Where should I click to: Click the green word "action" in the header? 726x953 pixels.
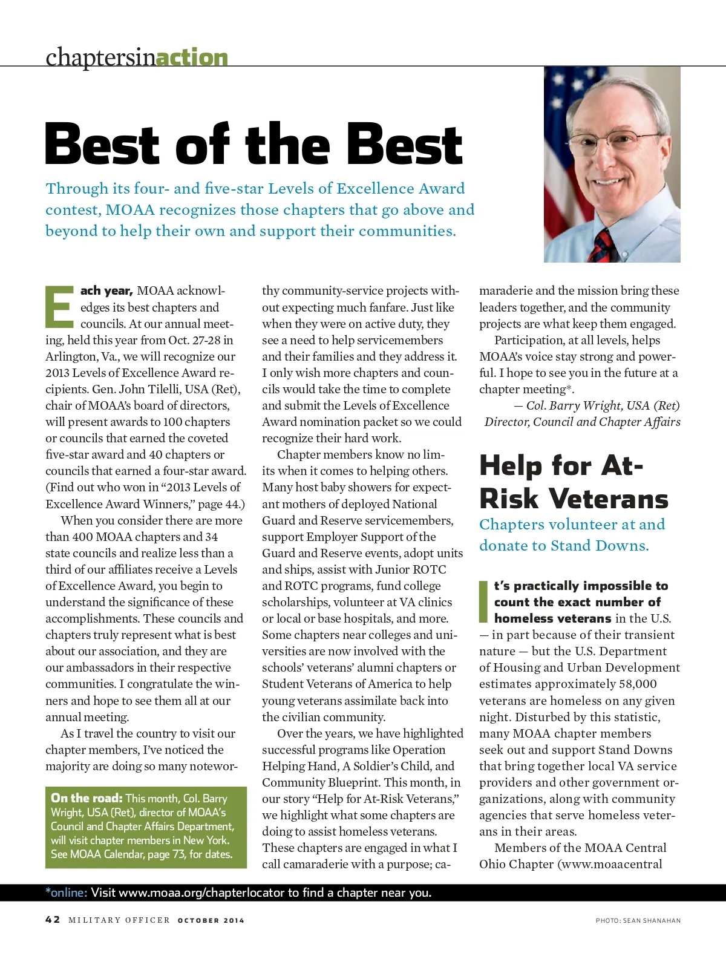tap(192, 57)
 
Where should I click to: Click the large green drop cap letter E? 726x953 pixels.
tap(59, 306)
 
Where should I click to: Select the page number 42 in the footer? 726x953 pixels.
tap(53, 920)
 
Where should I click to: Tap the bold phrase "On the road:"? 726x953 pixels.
tap(87, 798)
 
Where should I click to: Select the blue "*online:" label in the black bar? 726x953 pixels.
tap(67, 892)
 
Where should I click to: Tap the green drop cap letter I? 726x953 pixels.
tap(483, 601)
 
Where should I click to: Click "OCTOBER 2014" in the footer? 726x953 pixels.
tap(211, 920)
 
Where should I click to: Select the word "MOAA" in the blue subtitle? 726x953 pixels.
tap(130, 210)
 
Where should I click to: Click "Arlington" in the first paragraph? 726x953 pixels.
tap(70, 356)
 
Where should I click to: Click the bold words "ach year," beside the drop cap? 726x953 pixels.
tap(106, 291)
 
